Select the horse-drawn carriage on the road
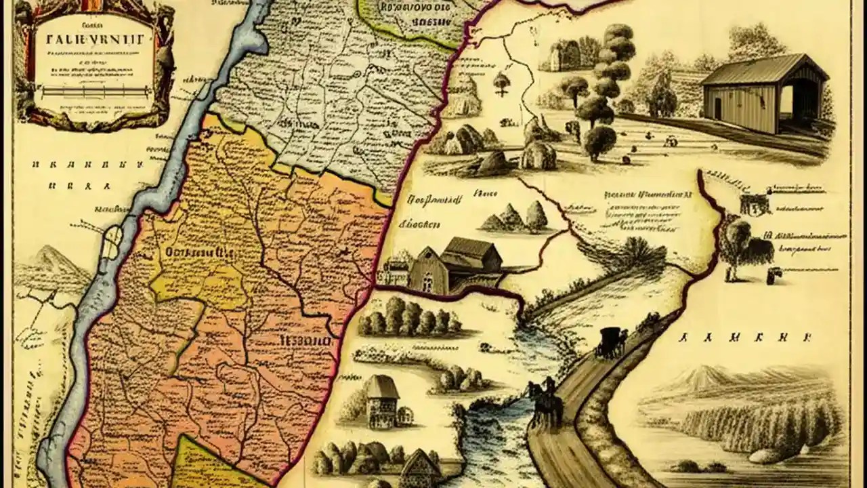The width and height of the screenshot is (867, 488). point(610,341)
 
